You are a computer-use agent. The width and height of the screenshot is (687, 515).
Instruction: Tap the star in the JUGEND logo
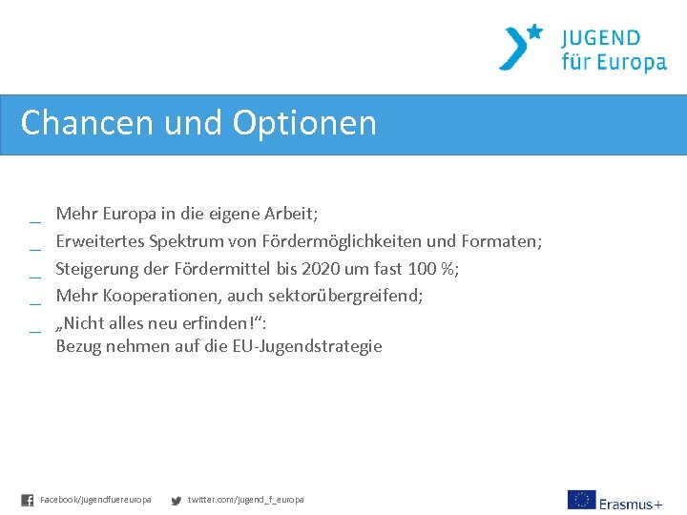tap(534, 31)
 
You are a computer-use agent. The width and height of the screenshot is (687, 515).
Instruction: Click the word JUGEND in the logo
tap(601, 39)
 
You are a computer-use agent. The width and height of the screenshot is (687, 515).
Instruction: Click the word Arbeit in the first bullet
tap(289, 213)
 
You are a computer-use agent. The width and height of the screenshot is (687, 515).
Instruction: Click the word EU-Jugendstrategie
tap(307, 346)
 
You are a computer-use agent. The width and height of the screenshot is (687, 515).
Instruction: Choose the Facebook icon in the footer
tap(28, 500)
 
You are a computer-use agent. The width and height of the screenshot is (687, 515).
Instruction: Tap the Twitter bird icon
tap(176, 500)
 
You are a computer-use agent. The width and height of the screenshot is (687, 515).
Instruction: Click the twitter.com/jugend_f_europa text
tap(246, 500)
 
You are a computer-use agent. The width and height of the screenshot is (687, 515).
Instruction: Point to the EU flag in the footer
tap(581, 500)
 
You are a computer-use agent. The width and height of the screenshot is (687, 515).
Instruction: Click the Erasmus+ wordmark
tap(631, 503)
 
